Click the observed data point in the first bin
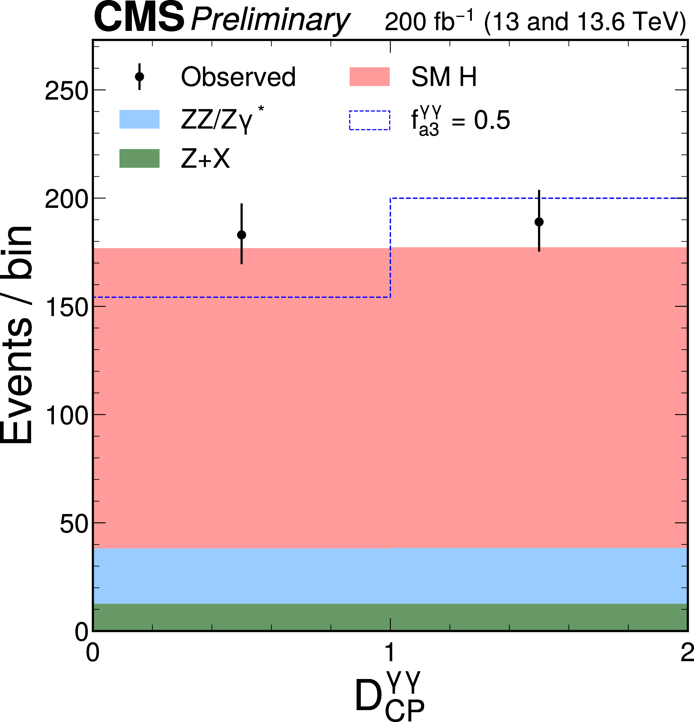[242, 235]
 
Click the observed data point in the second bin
[539, 222]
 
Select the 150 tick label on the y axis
[66, 307]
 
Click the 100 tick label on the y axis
[66, 416]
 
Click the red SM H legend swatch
[369, 77]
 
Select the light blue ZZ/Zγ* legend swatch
[139, 119]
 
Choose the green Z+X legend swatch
[139, 158]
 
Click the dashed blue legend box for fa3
[369, 120]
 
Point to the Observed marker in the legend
[139, 77]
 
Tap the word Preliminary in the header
[270, 20]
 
